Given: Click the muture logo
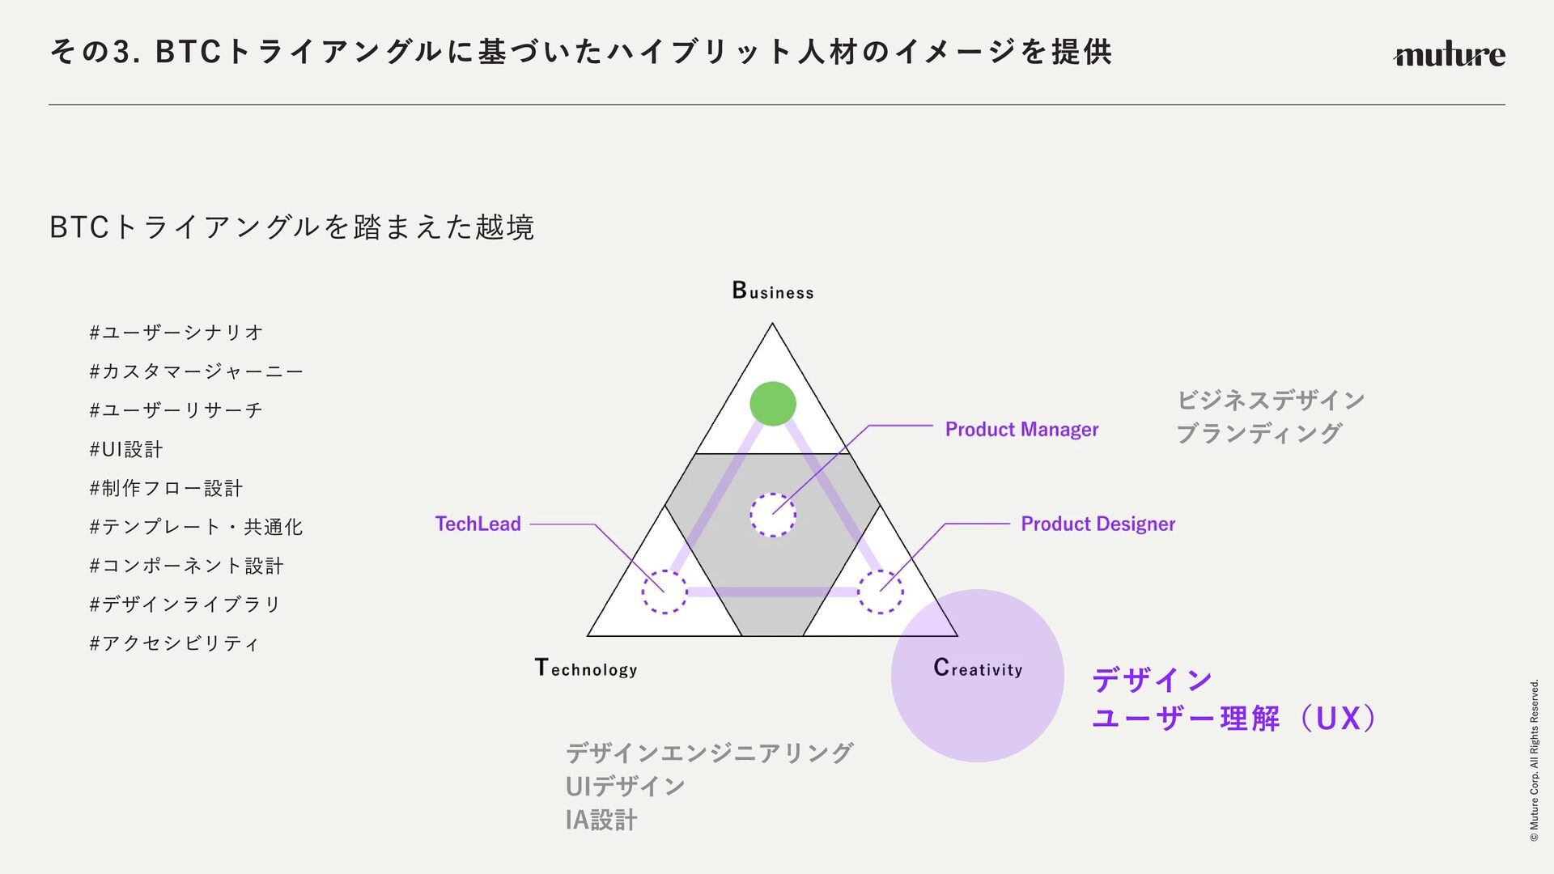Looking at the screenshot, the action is (1449, 55).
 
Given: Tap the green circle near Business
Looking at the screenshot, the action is (773, 404).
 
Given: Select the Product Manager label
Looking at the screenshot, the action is (1021, 430).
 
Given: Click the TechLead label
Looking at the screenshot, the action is (478, 524).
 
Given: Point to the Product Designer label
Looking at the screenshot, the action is (1098, 524).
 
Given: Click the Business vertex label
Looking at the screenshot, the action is (773, 291).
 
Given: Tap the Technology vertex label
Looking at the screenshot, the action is (586, 668).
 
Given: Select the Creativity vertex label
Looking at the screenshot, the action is (978, 668).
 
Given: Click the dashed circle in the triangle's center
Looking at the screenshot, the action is (773, 515).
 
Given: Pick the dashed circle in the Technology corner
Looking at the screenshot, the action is (664, 592).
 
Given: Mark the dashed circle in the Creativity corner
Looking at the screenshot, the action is (881, 592).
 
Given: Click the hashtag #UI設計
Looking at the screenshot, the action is (126, 450).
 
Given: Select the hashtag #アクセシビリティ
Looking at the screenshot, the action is (174, 643).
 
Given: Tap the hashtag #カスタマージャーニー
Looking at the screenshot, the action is (197, 371).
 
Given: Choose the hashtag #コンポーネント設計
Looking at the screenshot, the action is (186, 566).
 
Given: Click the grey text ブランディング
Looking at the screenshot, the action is (1259, 434).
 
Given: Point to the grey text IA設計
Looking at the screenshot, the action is (601, 821).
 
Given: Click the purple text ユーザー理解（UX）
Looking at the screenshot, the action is (1234, 719).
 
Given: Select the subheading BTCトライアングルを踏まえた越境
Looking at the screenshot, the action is (291, 227).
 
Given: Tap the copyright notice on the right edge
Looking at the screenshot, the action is (1534, 761).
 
